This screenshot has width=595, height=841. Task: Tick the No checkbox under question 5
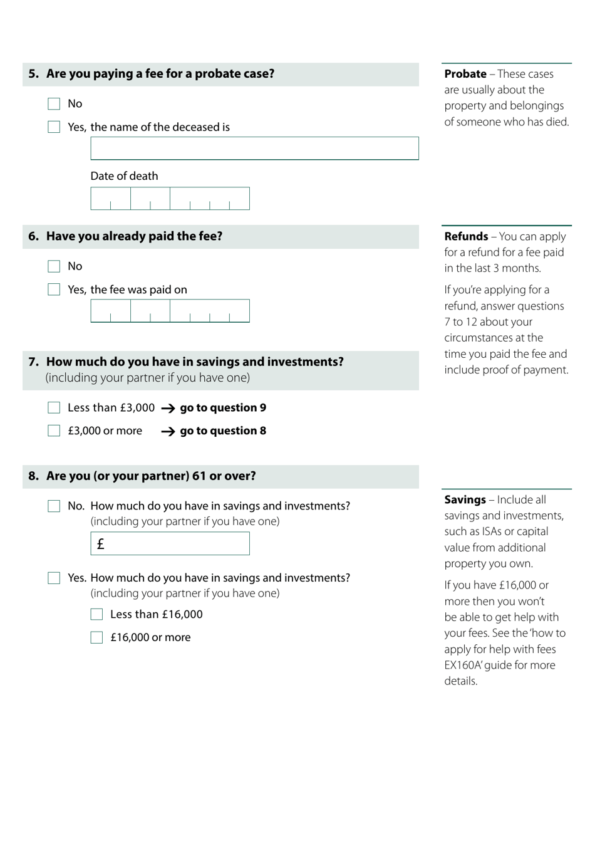point(54,104)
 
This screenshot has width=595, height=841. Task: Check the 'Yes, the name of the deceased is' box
point(54,127)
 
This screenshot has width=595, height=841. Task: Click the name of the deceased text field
point(254,149)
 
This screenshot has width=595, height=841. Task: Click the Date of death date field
point(170,199)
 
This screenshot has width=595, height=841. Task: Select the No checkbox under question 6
point(54,266)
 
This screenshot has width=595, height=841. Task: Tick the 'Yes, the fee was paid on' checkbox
point(54,290)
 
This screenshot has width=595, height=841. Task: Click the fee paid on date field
point(170,311)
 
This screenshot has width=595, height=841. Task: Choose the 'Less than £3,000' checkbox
point(54,408)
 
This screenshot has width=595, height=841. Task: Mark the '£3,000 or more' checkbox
point(54,431)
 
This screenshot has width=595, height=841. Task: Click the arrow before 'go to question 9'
point(168,409)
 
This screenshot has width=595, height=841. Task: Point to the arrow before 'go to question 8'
point(168,432)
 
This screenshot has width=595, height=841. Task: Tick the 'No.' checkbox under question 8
point(54,506)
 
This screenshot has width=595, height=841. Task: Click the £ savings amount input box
point(170,544)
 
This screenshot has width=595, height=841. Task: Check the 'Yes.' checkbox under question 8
point(54,578)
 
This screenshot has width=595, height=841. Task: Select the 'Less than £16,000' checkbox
point(96,615)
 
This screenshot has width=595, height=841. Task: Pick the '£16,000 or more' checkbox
point(96,638)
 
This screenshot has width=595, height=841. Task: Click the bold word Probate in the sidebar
point(465,74)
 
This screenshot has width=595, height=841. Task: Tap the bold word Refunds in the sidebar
point(466,237)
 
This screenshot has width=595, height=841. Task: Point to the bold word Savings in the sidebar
point(465,500)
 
